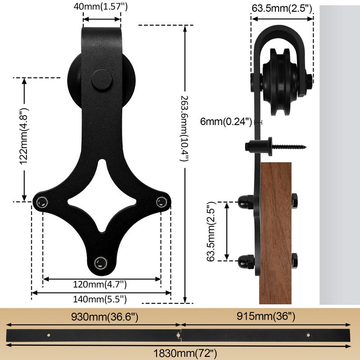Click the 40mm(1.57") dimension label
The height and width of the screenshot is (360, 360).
[100, 7]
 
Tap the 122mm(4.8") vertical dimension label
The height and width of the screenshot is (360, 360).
[23, 136]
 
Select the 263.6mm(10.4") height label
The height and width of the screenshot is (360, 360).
[184, 128]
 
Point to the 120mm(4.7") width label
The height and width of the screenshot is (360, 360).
[100, 284]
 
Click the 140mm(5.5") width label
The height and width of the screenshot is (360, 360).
[100, 299]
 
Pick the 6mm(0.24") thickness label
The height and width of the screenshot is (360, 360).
[226, 121]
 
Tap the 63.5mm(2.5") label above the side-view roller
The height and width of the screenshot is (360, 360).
[282, 9]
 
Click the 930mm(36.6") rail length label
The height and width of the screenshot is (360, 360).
[105, 317]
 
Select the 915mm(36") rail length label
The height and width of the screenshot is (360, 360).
[266, 316]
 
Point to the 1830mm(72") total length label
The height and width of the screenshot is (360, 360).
[185, 354]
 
